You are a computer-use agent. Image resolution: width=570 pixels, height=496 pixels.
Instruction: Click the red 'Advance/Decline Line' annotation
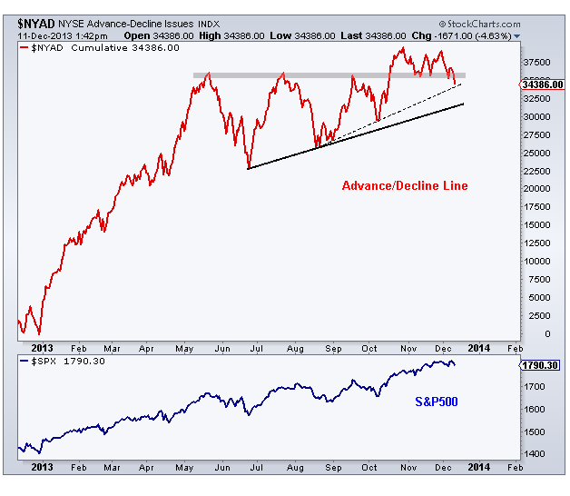tap(405, 186)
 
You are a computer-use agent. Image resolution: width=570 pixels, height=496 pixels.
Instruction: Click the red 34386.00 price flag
tap(543, 84)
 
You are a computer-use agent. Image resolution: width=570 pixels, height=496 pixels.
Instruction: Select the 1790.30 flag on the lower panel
tap(541, 366)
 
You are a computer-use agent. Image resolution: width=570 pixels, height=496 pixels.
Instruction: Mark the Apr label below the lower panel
tap(146, 466)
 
